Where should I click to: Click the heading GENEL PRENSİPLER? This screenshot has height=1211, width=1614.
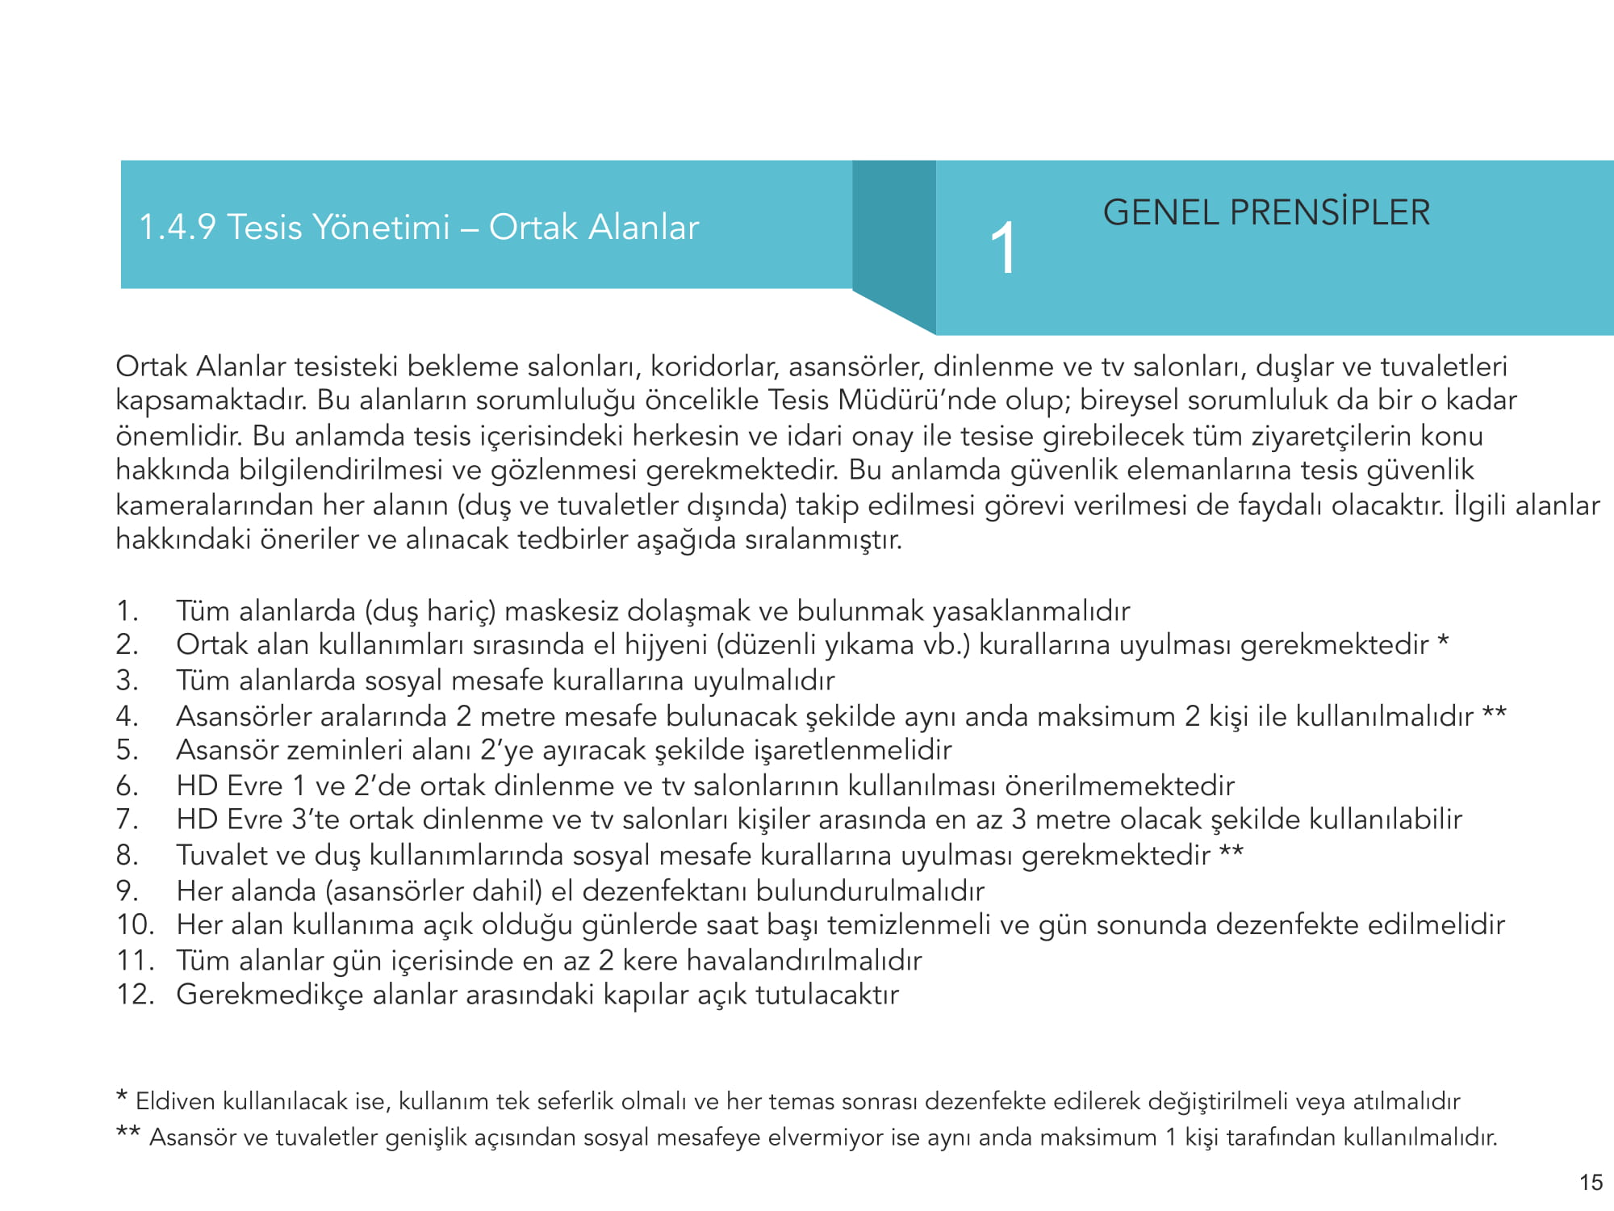click(x=1266, y=213)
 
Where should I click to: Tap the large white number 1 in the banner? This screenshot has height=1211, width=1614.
click(x=1003, y=249)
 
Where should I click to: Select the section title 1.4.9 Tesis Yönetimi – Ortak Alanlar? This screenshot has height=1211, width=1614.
click(x=419, y=227)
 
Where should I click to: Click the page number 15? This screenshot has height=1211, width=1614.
click(x=1591, y=1183)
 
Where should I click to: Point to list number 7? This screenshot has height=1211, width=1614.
click(x=127, y=819)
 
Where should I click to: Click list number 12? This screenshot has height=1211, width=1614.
click(x=135, y=995)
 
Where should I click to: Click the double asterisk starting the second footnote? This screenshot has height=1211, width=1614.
click(x=128, y=1132)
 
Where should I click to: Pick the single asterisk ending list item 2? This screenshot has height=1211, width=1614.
click(x=1444, y=642)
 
